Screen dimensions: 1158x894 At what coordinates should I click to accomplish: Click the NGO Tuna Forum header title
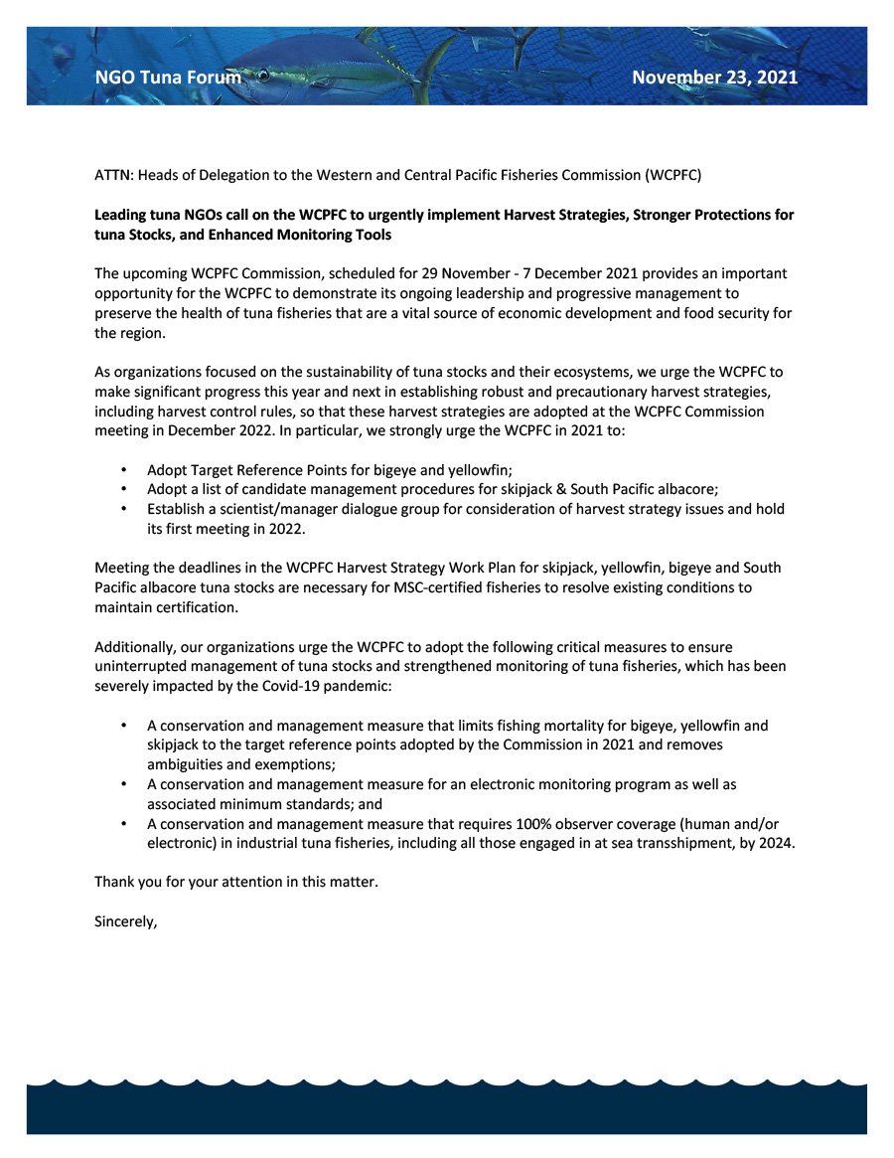167,78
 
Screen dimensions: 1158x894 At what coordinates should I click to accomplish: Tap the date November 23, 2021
714,78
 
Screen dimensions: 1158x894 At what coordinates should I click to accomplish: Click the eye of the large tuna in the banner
263,75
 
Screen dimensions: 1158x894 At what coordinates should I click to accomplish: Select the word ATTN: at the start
113,175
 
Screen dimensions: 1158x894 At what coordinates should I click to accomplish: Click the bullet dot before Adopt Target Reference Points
123,469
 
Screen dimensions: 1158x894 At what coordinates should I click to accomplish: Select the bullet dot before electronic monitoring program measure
123,784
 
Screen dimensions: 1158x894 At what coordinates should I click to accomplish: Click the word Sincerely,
126,921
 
